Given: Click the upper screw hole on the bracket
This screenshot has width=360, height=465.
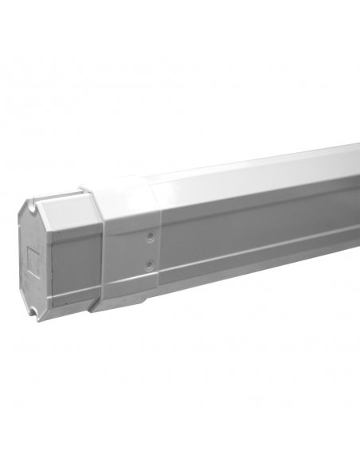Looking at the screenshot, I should click(x=147, y=236).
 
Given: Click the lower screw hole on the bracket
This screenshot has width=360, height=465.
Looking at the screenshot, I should click(x=148, y=263).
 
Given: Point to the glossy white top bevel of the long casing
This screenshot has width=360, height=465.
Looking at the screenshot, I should click(x=255, y=171).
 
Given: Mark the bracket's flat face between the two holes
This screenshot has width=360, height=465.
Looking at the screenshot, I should click(x=147, y=249).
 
